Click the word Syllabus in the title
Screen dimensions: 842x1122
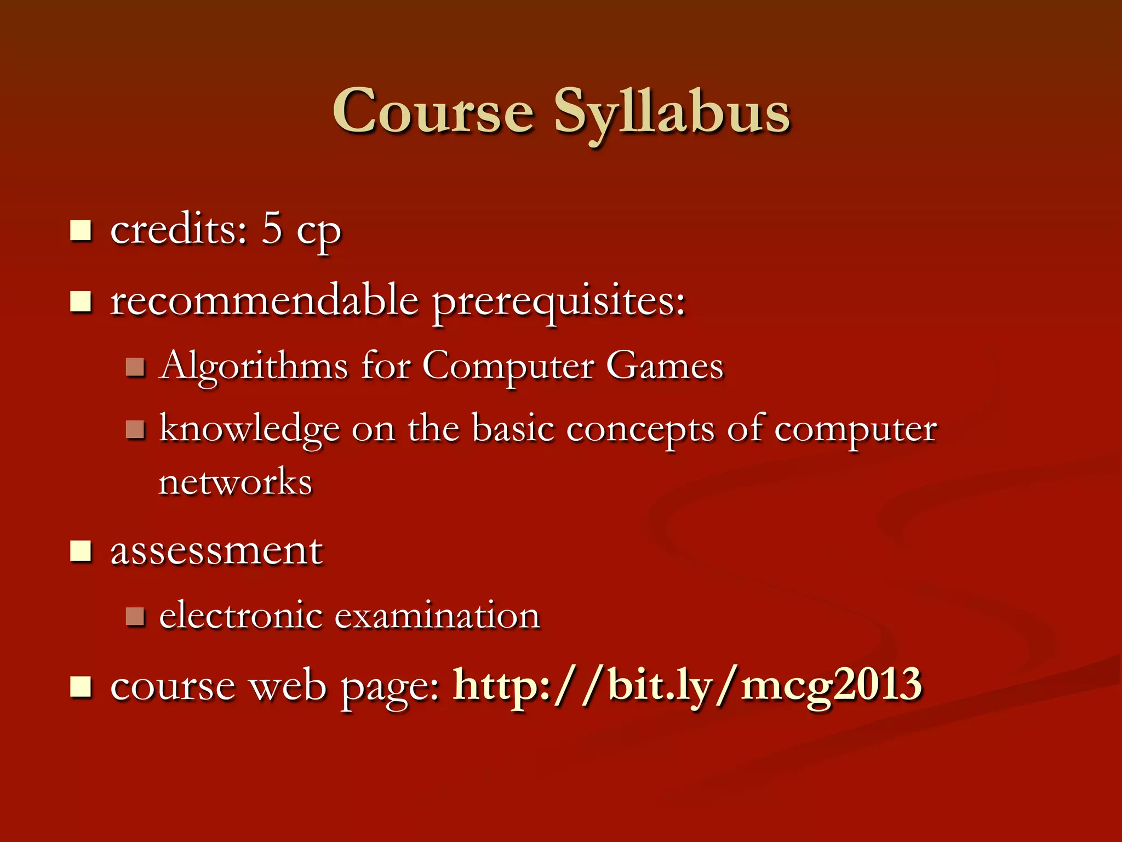[x=672, y=112]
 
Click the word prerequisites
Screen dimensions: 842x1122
[x=559, y=303]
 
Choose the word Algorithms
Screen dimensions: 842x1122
[x=254, y=366]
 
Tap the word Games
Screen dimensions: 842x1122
[x=665, y=366]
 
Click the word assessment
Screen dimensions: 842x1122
[x=216, y=551]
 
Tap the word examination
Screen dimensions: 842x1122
[x=437, y=615]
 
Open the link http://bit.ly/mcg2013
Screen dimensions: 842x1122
[x=688, y=685]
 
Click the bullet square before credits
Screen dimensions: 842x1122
[x=81, y=230]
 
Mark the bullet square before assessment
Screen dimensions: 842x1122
[x=81, y=551]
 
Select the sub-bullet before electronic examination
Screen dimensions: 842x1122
[x=135, y=616]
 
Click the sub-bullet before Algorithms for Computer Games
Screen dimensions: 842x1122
[x=135, y=367]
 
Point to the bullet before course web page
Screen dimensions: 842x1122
[x=81, y=686]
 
